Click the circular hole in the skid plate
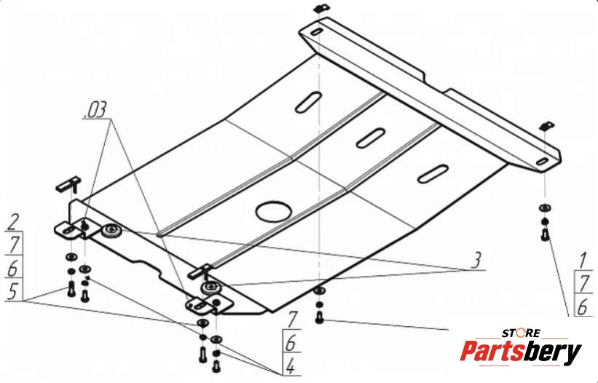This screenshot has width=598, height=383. pyautogui.click(x=274, y=210)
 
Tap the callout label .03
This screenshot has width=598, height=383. pyautogui.click(x=95, y=111)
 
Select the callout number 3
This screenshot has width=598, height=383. pyautogui.click(x=475, y=260)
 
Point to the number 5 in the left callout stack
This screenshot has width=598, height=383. pyautogui.click(x=12, y=291)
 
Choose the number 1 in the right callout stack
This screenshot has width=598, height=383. pyautogui.click(x=583, y=261)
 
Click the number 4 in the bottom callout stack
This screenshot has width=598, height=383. pyautogui.click(x=290, y=366)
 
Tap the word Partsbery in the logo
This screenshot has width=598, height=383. pyautogui.click(x=521, y=352)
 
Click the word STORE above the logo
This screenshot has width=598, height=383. pyautogui.click(x=521, y=333)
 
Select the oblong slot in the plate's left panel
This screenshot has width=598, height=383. pyautogui.click(x=308, y=102)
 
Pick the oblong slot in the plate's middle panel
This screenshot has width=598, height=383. pyautogui.click(x=370, y=138)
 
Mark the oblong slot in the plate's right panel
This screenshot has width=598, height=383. pyautogui.click(x=433, y=174)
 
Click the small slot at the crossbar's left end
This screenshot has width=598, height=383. pyautogui.click(x=317, y=32)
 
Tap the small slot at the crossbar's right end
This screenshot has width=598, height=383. pyautogui.click(x=542, y=162)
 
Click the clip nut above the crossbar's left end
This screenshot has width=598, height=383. pyautogui.click(x=320, y=8)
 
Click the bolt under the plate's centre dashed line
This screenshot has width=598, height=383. pyautogui.click(x=320, y=318)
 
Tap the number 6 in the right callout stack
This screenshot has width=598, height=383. pyautogui.click(x=583, y=307)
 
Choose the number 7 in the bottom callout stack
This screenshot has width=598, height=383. pyautogui.click(x=292, y=320)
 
